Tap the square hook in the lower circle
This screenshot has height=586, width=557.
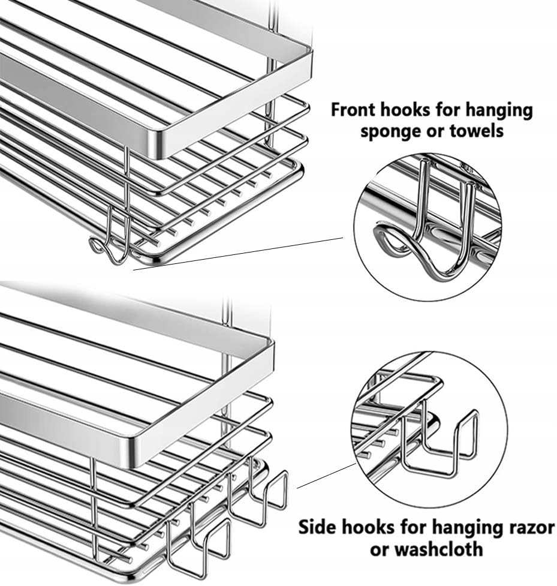(444, 444)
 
